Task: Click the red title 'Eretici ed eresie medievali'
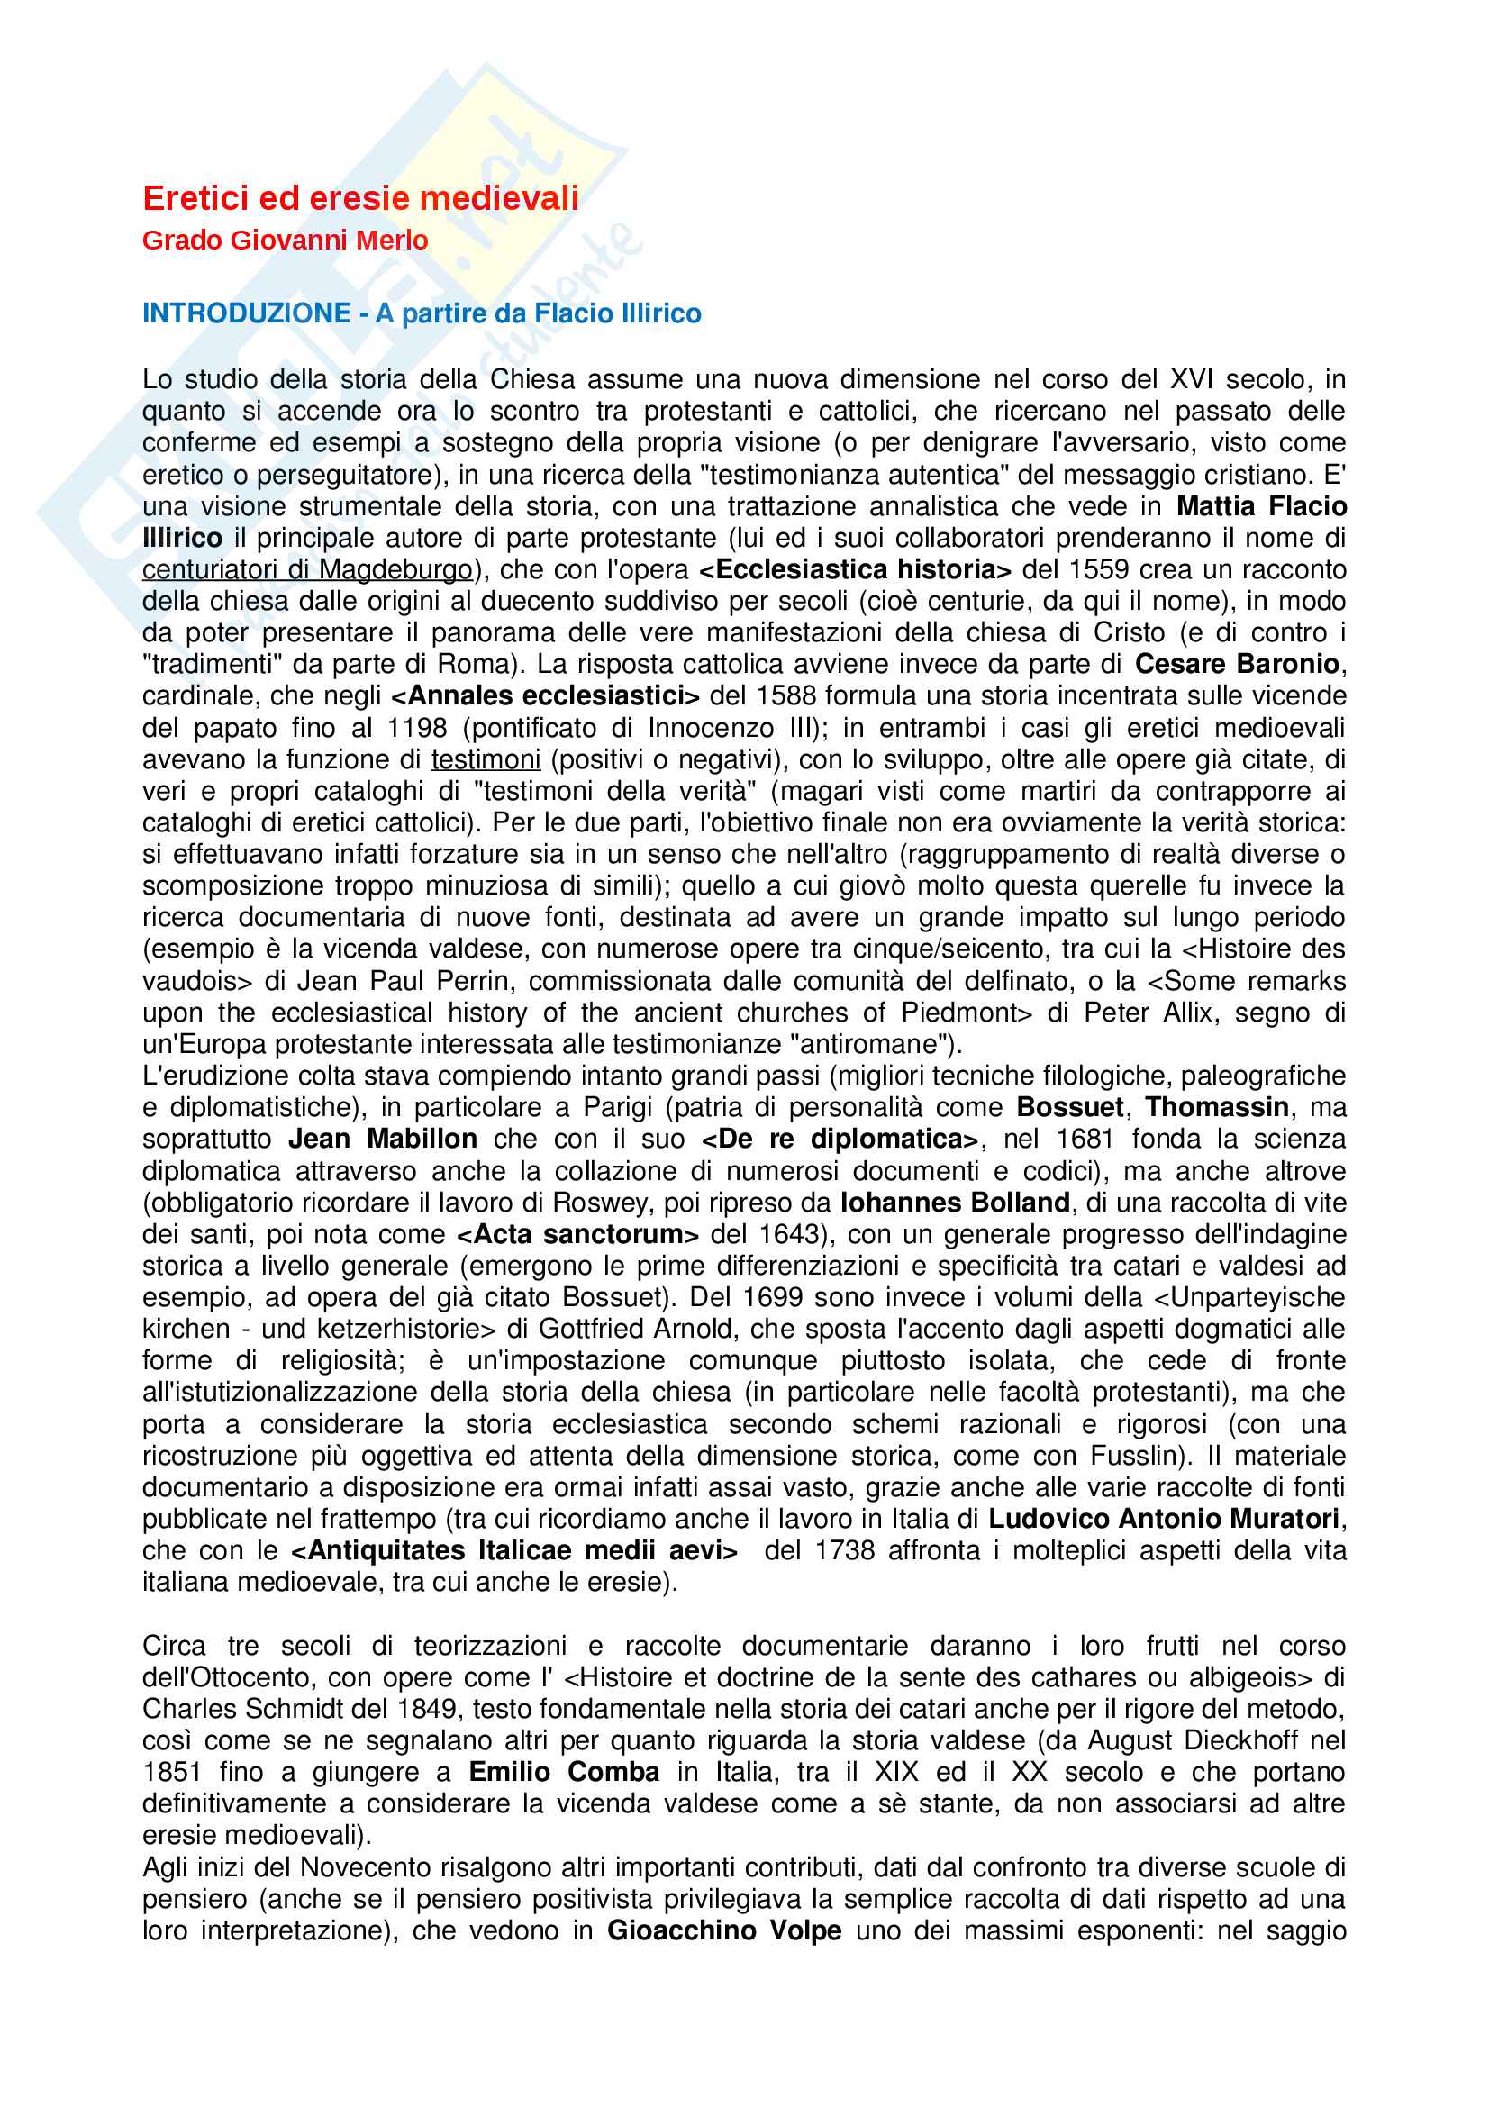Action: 360,198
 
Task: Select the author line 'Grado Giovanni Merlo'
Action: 286,241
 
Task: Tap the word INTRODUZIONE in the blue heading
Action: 246,313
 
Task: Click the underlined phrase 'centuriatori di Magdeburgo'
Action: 307,570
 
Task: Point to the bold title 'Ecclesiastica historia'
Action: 855,570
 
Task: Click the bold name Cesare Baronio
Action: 1237,665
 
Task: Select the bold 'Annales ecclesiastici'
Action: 545,696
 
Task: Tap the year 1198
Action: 416,729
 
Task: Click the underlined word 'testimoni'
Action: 486,760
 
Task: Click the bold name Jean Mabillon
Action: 383,1140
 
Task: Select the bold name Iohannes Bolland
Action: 954,1203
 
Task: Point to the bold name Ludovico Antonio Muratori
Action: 1163,1520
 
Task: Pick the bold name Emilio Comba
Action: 563,1773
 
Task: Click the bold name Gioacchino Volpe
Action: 724,1930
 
